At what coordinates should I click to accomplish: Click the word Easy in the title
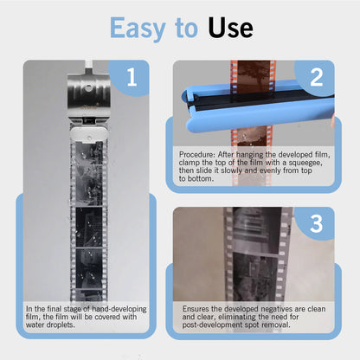[140, 28]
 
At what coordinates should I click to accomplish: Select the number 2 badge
[316, 77]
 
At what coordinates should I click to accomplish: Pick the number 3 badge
[316, 223]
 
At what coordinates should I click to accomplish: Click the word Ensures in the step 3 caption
[199, 308]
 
